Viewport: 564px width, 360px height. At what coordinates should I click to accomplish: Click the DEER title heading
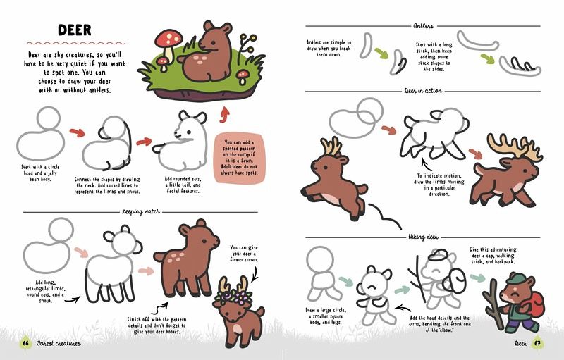tap(75, 30)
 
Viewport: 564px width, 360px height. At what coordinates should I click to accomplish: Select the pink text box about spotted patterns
tap(239, 158)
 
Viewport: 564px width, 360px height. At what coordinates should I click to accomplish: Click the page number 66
tap(25, 343)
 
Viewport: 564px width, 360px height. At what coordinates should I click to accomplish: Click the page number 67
tap(538, 343)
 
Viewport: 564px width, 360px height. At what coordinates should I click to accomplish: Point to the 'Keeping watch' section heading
tap(140, 211)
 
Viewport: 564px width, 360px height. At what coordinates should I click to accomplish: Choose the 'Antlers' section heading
tap(424, 26)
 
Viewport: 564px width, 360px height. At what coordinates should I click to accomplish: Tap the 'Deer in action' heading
tap(422, 91)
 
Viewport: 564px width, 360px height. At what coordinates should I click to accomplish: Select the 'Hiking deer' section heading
tap(423, 237)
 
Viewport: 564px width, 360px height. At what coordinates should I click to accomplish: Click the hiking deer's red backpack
tap(537, 302)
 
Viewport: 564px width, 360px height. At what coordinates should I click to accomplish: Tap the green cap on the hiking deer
tap(515, 278)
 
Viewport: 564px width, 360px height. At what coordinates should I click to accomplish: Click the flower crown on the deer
tap(233, 297)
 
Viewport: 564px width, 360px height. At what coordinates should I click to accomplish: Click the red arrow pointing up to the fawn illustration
tap(225, 115)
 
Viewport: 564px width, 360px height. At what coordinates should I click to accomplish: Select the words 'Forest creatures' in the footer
tap(59, 344)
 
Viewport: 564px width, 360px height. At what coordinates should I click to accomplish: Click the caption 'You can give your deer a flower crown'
tap(243, 254)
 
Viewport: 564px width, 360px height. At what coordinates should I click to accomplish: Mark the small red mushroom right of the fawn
tap(243, 76)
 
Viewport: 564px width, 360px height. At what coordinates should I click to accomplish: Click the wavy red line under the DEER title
tap(76, 44)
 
